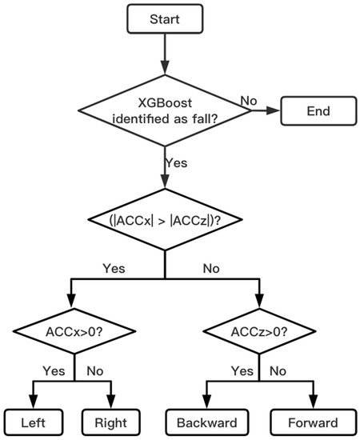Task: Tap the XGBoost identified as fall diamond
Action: [x=164, y=112]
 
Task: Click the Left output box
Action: [x=34, y=422]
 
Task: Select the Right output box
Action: [x=110, y=422]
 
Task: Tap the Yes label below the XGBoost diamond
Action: [x=176, y=162]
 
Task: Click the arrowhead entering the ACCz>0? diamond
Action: [x=258, y=303]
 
